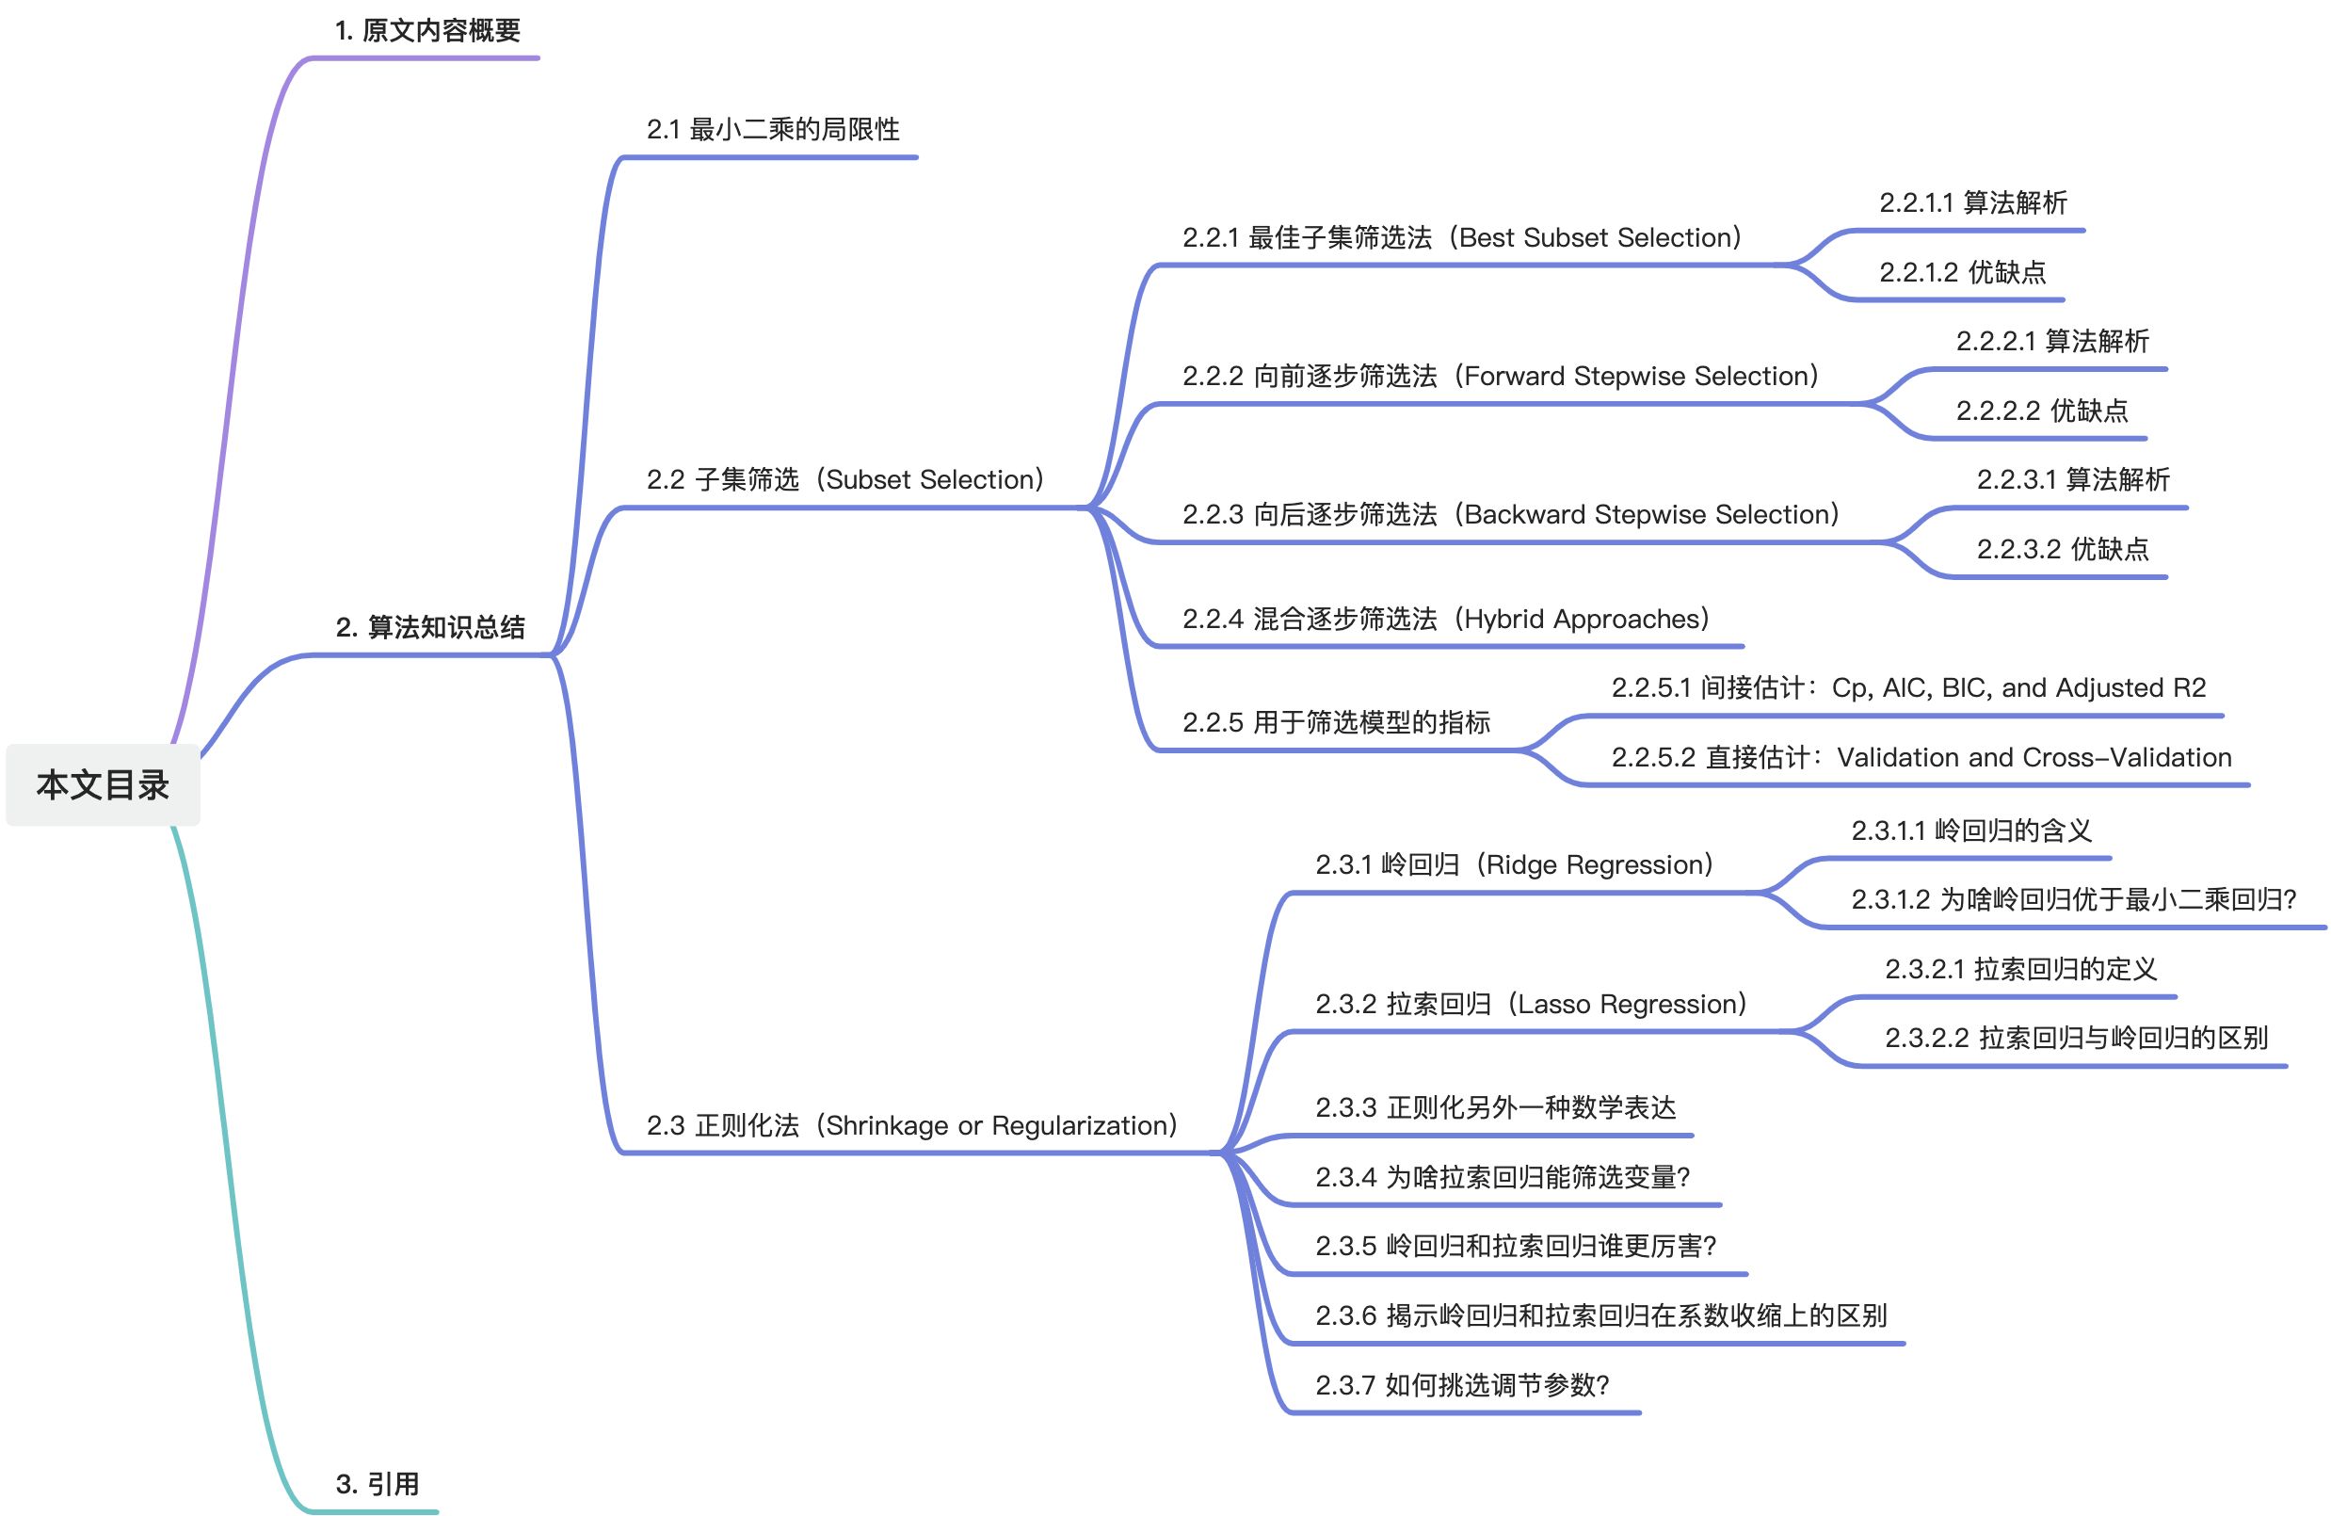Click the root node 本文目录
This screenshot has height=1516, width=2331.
tap(103, 784)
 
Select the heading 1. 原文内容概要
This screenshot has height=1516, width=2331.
tap(427, 31)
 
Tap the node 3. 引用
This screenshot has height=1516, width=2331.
tap(378, 1484)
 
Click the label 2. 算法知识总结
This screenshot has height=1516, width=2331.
tap(430, 627)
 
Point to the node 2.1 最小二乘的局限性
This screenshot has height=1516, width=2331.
tap(772, 129)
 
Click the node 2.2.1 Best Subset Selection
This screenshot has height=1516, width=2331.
tap(1461, 238)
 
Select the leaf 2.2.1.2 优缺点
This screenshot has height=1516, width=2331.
tap(1962, 272)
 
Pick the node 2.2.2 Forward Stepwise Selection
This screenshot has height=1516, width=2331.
tap(1500, 376)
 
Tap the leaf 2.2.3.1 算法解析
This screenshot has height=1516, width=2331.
tap(2072, 480)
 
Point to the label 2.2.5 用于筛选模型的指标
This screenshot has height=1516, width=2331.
tap(1336, 723)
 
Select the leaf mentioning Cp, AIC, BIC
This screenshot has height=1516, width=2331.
tap(1908, 688)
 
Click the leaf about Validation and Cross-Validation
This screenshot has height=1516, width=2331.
tap(1921, 757)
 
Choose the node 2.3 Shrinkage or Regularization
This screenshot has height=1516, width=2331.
tap(911, 1126)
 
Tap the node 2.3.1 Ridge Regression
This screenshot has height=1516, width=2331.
tap(1514, 864)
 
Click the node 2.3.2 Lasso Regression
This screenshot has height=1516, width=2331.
tap(1531, 1004)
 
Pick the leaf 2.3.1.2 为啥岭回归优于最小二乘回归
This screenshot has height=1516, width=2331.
tap(2072, 899)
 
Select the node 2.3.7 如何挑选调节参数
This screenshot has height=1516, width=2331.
tap(1461, 1385)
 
